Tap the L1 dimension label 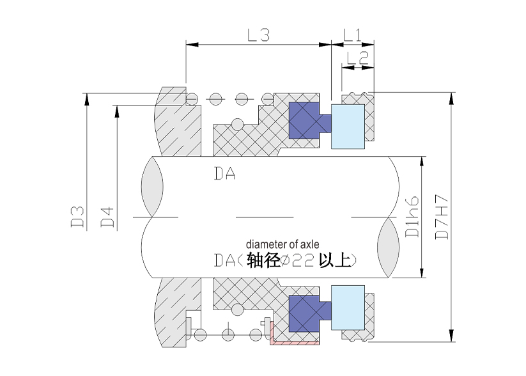352,35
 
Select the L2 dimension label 357,58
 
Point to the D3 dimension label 78,216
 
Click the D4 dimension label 108,216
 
